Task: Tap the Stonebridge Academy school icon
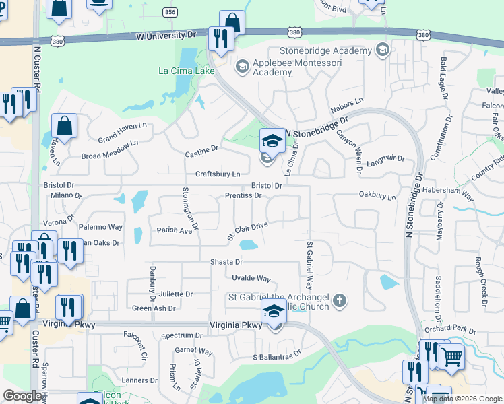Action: [383, 50]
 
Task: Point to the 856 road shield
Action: [170, 13]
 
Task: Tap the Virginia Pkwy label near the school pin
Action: [233, 325]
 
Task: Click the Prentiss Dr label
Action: [243, 195]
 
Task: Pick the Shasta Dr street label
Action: [226, 262]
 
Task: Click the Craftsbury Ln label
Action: [218, 174]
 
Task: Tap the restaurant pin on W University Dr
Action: [220, 38]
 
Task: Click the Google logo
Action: [23, 397]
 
